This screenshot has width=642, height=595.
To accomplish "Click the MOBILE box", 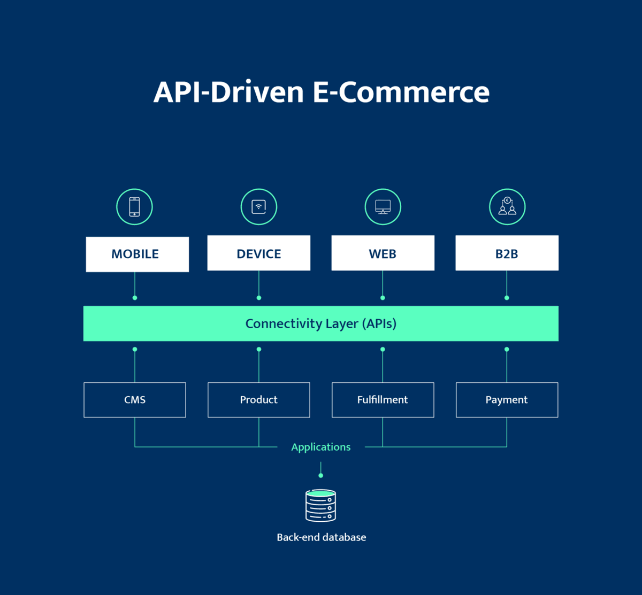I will pyautogui.click(x=137, y=254).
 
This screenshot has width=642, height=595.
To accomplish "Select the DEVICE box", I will pyautogui.click(x=259, y=253).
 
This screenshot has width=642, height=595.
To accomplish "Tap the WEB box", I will pyautogui.click(x=383, y=253).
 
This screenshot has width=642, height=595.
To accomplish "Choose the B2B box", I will pyautogui.click(x=507, y=253).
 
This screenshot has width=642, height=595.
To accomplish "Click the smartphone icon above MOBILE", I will pyautogui.click(x=134, y=207).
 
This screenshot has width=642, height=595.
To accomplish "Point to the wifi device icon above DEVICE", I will pyautogui.click(x=259, y=207).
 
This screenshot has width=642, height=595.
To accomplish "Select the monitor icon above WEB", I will pyautogui.click(x=383, y=207).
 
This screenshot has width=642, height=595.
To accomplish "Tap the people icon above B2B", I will pyautogui.click(x=507, y=207).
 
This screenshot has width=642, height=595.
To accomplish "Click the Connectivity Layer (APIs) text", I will pyautogui.click(x=321, y=323).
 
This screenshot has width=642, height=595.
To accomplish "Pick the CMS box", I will pyautogui.click(x=135, y=400).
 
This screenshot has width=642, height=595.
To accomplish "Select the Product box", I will pyautogui.click(x=259, y=400).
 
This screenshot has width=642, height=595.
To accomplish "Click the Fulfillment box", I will pyautogui.click(x=383, y=400).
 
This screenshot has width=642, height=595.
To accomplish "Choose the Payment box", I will pyautogui.click(x=507, y=400).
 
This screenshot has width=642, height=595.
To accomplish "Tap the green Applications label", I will pyautogui.click(x=321, y=447).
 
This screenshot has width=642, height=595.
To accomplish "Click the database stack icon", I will pyautogui.click(x=320, y=506).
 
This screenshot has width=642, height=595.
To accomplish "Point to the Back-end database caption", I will pyautogui.click(x=321, y=537).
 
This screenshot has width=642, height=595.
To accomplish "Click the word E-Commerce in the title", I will pyautogui.click(x=401, y=92).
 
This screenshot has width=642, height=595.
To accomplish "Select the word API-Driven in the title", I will pyautogui.click(x=228, y=92).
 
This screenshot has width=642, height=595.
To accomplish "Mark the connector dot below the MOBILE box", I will pyautogui.click(x=135, y=298).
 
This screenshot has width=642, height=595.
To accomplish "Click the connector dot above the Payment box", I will pyautogui.click(x=507, y=350).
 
